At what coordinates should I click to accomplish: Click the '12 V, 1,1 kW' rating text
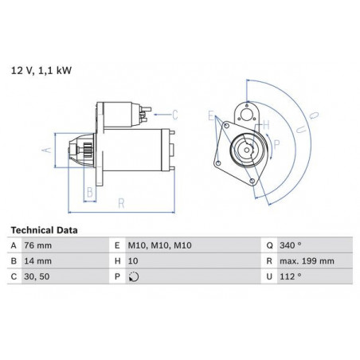[41, 71]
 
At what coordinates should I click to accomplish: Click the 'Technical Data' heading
[44, 230]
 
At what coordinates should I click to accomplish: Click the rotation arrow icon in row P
[134, 277]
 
